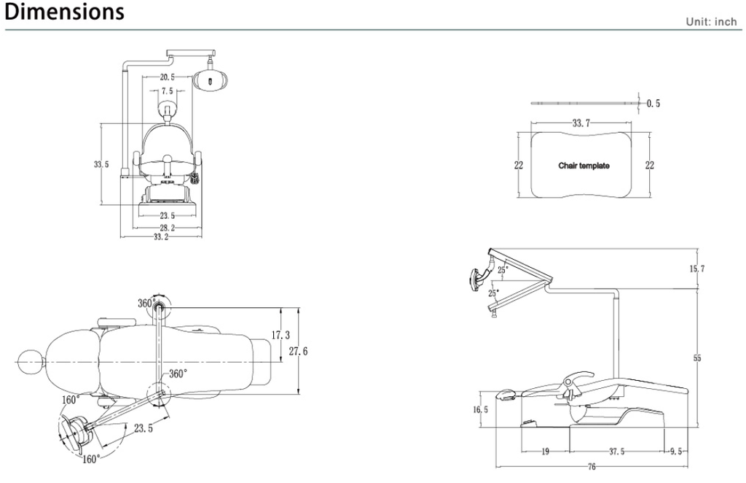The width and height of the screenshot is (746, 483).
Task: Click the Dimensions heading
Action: [x=64, y=12]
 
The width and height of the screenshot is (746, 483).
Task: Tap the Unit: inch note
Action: [x=711, y=21]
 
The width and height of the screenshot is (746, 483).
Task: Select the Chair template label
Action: [x=584, y=166]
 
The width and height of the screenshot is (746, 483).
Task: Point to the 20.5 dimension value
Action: [x=168, y=77]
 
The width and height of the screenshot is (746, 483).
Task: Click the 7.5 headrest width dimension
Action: [x=167, y=91]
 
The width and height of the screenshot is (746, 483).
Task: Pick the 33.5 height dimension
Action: [x=101, y=164]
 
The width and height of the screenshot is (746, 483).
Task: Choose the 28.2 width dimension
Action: [x=167, y=228]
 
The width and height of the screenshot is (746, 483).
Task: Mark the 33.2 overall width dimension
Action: [x=161, y=236]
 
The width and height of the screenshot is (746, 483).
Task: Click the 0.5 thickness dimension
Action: [x=653, y=104]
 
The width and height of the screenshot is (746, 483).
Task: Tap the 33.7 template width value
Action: [x=581, y=123]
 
